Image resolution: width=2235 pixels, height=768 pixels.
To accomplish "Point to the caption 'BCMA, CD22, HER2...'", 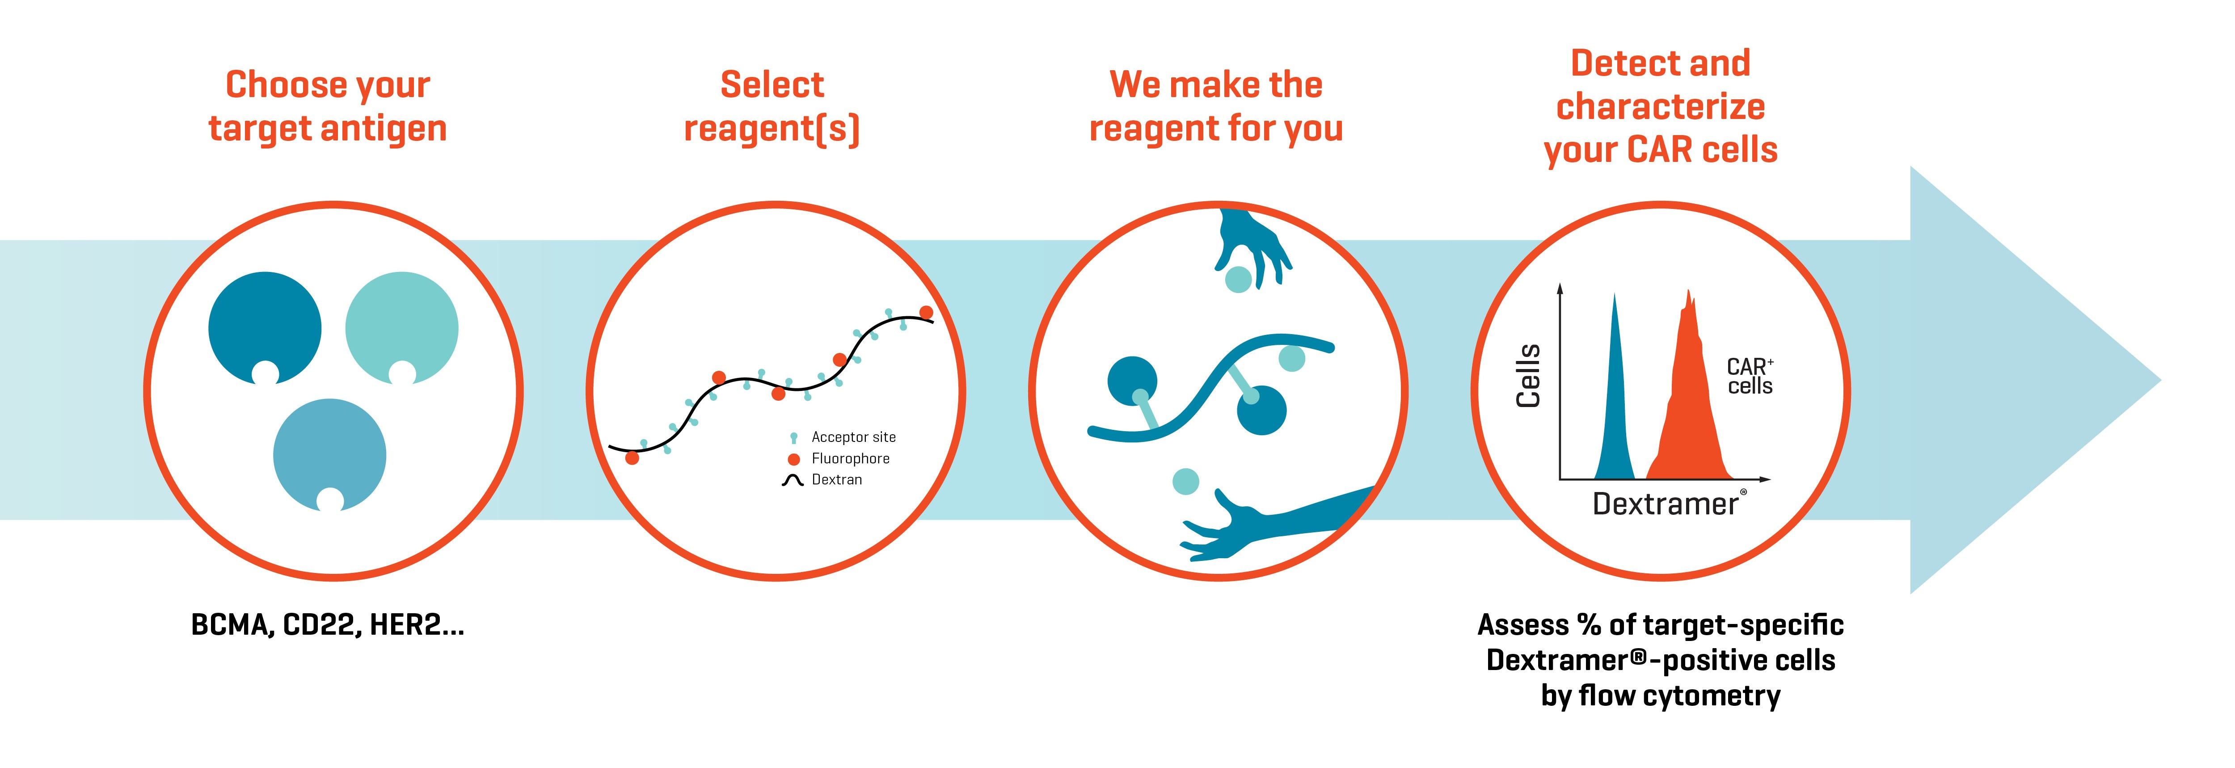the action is pos(328,626).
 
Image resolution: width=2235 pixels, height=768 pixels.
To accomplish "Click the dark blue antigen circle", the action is pos(265,328).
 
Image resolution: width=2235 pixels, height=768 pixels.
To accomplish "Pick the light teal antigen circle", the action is pos(402,328).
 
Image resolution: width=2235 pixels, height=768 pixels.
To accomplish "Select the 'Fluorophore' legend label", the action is pos(850,458).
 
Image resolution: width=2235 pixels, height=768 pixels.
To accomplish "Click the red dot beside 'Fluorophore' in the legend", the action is pos(793,459).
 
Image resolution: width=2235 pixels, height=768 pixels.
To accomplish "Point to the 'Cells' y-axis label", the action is pos(1528,375).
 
